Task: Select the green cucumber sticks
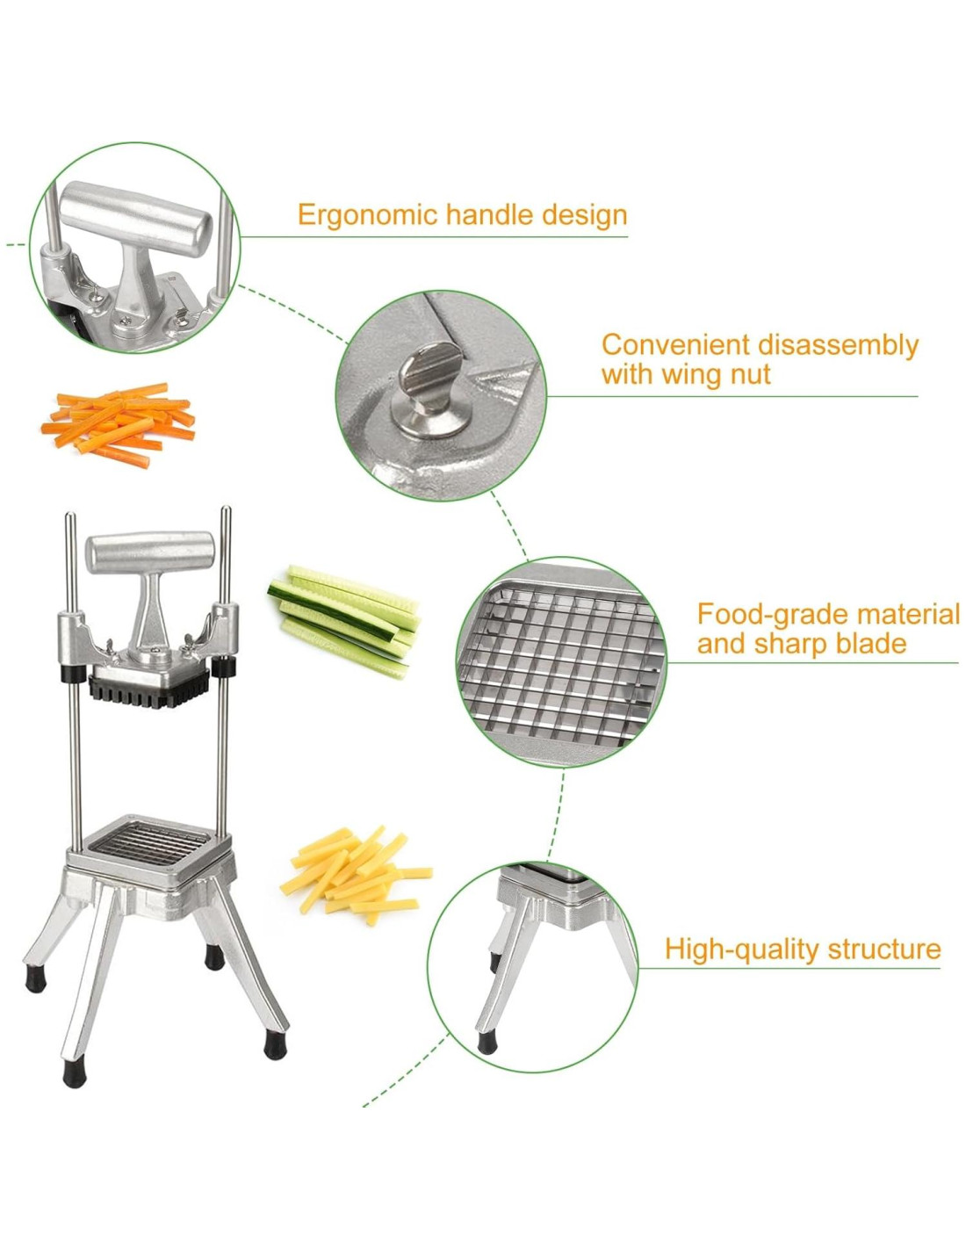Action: pos(343,621)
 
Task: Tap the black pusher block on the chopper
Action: pos(148,691)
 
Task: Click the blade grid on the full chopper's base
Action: pos(150,844)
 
